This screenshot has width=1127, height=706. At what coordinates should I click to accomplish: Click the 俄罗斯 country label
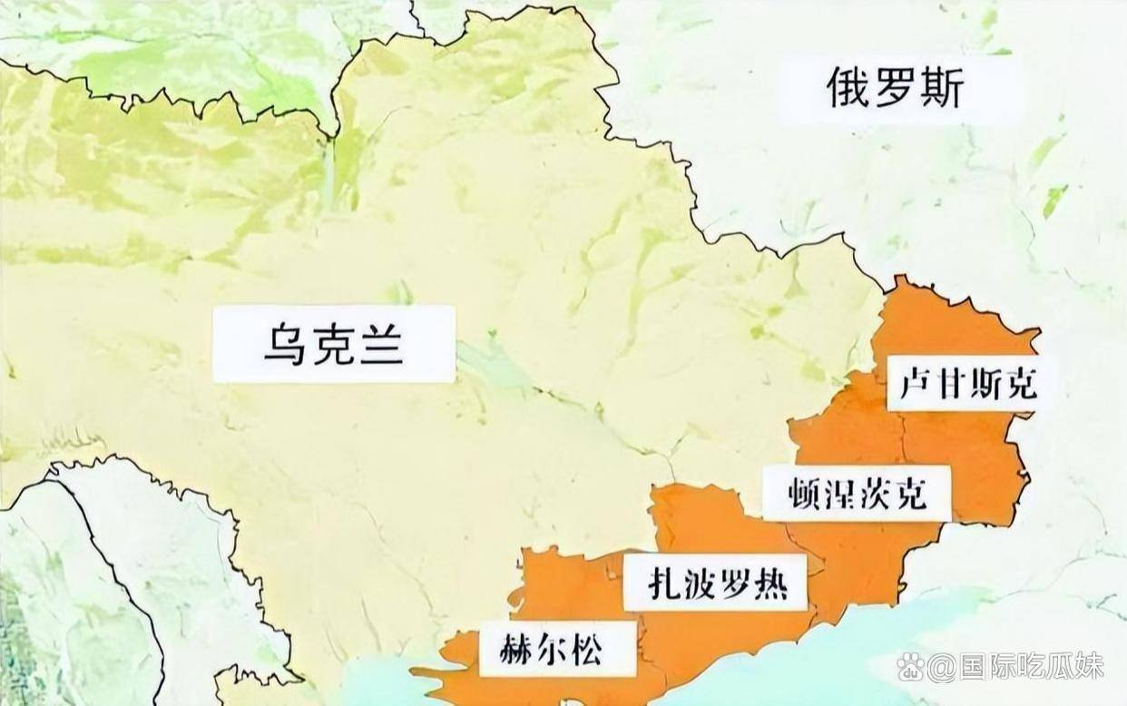click(x=894, y=89)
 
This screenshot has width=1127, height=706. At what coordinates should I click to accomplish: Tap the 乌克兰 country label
click(x=333, y=345)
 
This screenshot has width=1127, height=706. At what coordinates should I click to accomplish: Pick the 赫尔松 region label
click(x=554, y=649)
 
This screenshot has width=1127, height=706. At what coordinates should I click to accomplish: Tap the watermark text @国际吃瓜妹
click(x=1016, y=667)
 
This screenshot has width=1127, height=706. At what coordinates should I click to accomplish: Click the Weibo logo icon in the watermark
click(x=910, y=667)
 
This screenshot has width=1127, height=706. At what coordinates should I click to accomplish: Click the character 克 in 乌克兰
click(x=333, y=345)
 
